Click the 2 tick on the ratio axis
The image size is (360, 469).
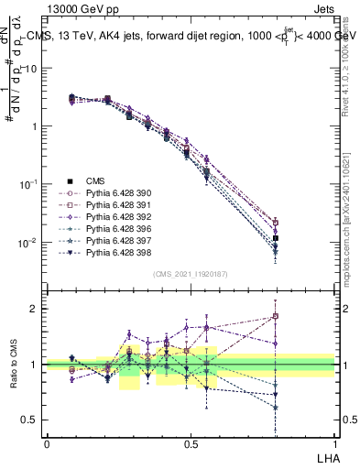[31, 309]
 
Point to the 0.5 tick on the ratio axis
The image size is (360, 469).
[27, 420]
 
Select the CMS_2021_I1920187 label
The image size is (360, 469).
[191, 273]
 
